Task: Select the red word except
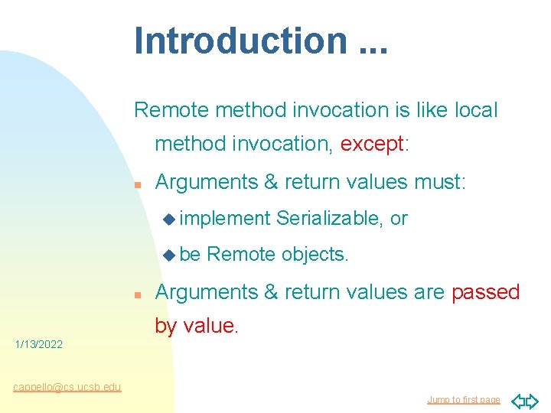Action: click(x=372, y=144)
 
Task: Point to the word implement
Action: click(x=225, y=219)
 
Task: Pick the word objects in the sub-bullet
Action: click(x=315, y=255)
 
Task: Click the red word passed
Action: click(x=486, y=292)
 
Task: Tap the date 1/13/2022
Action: click(x=39, y=345)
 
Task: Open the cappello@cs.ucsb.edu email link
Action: click(x=67, y=387)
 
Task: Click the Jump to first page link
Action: click(x=464, y=400)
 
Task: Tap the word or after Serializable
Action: click(x=399, y=219)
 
